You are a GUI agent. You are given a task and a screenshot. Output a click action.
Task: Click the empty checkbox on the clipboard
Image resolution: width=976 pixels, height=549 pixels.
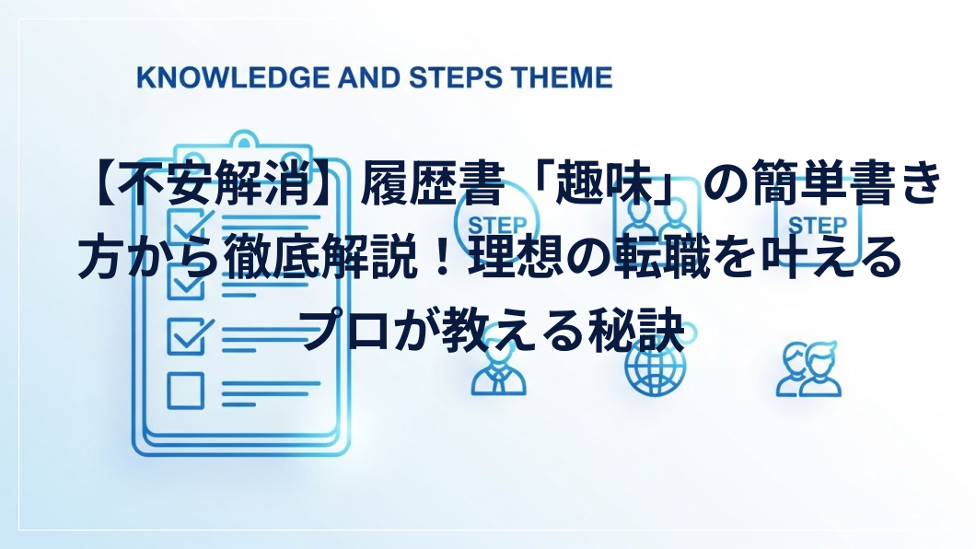point(185,391)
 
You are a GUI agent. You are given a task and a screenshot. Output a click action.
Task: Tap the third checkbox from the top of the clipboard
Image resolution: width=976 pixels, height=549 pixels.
point(187,337)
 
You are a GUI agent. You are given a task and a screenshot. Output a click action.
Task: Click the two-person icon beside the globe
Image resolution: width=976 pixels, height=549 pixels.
point(808,369)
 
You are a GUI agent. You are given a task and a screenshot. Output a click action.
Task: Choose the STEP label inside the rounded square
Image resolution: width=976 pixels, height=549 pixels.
point(818,225)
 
